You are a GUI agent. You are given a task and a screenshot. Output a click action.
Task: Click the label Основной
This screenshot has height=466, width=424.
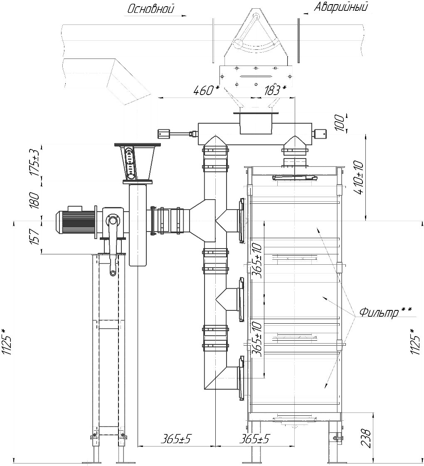coord(150,9)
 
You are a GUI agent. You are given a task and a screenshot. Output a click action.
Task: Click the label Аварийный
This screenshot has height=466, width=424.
coord(340,7)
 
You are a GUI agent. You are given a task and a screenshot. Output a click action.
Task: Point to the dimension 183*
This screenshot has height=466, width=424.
coord(275,90)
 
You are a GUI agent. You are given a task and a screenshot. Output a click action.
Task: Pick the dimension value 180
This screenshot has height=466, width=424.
coord(35,200)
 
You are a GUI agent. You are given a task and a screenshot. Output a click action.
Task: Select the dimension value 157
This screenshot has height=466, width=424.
coord(35,237)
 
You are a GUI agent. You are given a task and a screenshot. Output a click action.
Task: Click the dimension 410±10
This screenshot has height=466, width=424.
coord(359,178)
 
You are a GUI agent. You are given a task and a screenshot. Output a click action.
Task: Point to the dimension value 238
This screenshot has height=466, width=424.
coord(366,438)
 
